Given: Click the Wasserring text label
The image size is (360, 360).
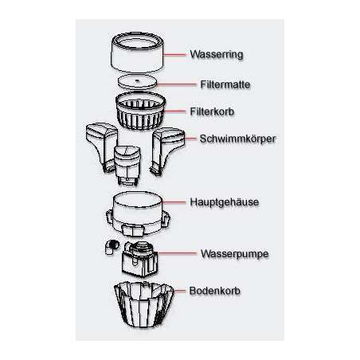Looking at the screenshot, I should pos(216,56).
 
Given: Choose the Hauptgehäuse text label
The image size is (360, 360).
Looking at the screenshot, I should pos(225,202).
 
